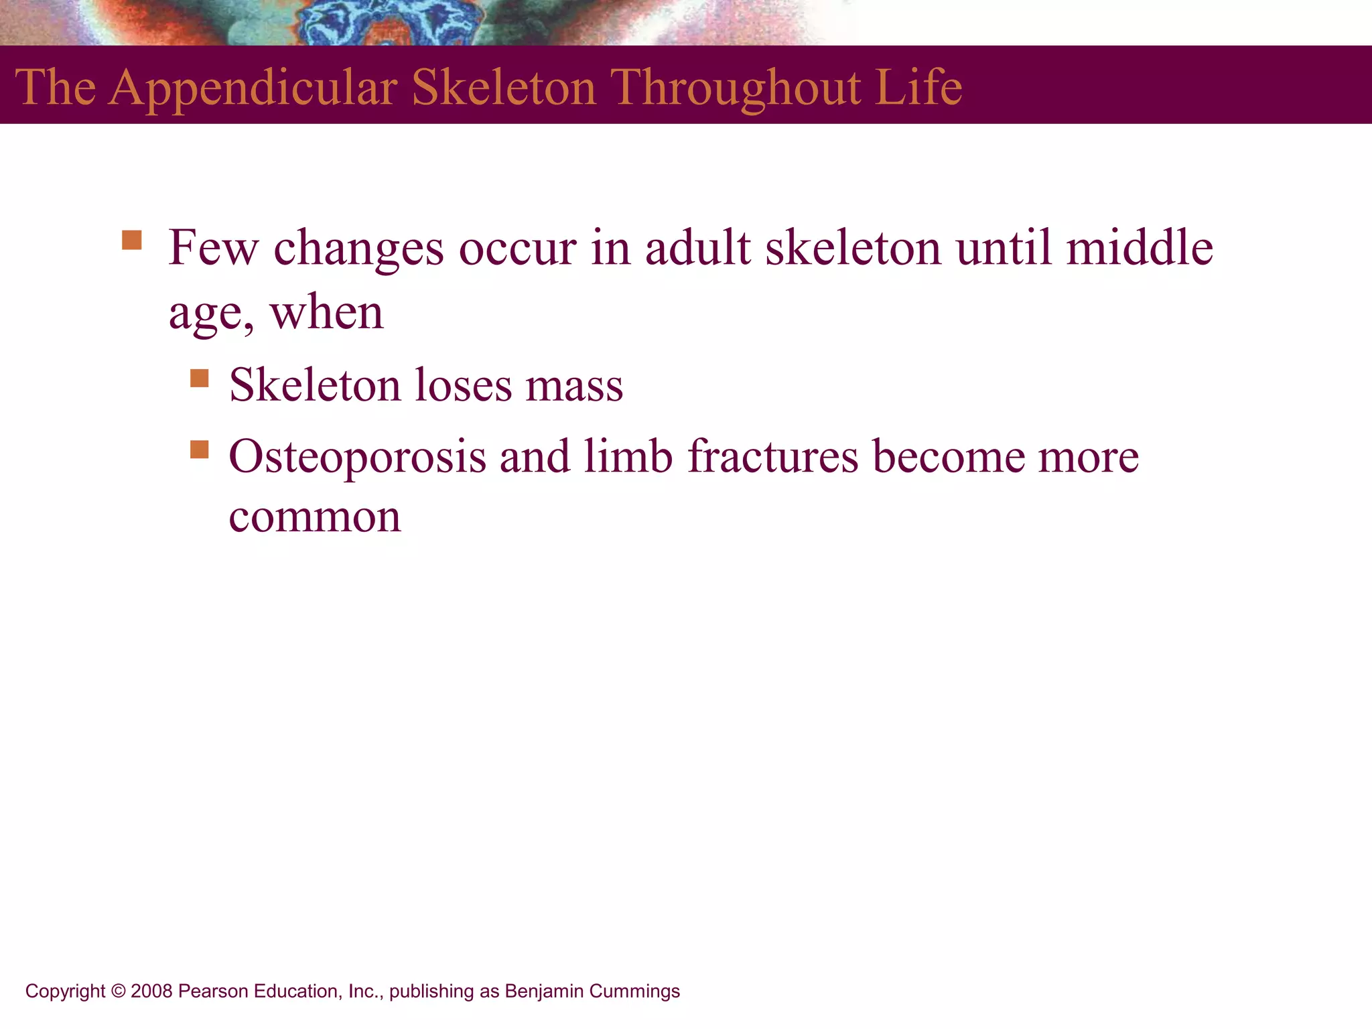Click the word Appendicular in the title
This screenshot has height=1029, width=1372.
(x=253, y=88)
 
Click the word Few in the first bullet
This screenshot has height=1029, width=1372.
(x=213, y=248)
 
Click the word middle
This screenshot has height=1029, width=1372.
(x=1139, y=248)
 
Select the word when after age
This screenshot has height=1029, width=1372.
(x=326, y=313)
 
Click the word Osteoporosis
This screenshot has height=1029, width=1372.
(x=357, y=457)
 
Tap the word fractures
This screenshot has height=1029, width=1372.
(x=773, y=457)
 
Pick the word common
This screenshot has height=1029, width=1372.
(x=315, y=518)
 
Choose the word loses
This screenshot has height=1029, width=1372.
(x=463, y=386)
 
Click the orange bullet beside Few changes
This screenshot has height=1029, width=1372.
(x=132, y=240)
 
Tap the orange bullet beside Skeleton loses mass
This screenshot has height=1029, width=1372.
(x=199, y=379)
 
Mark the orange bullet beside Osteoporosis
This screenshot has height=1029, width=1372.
(x=199, y=449)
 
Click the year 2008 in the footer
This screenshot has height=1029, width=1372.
(x=151, y=991)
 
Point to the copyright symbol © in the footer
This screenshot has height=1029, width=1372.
(x=119, y=991)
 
